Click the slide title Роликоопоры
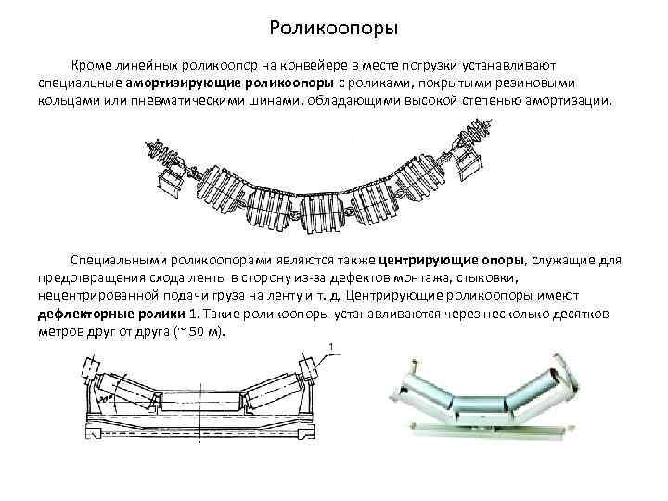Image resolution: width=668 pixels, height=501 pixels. pyautogui.click(x=333, y=29)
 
